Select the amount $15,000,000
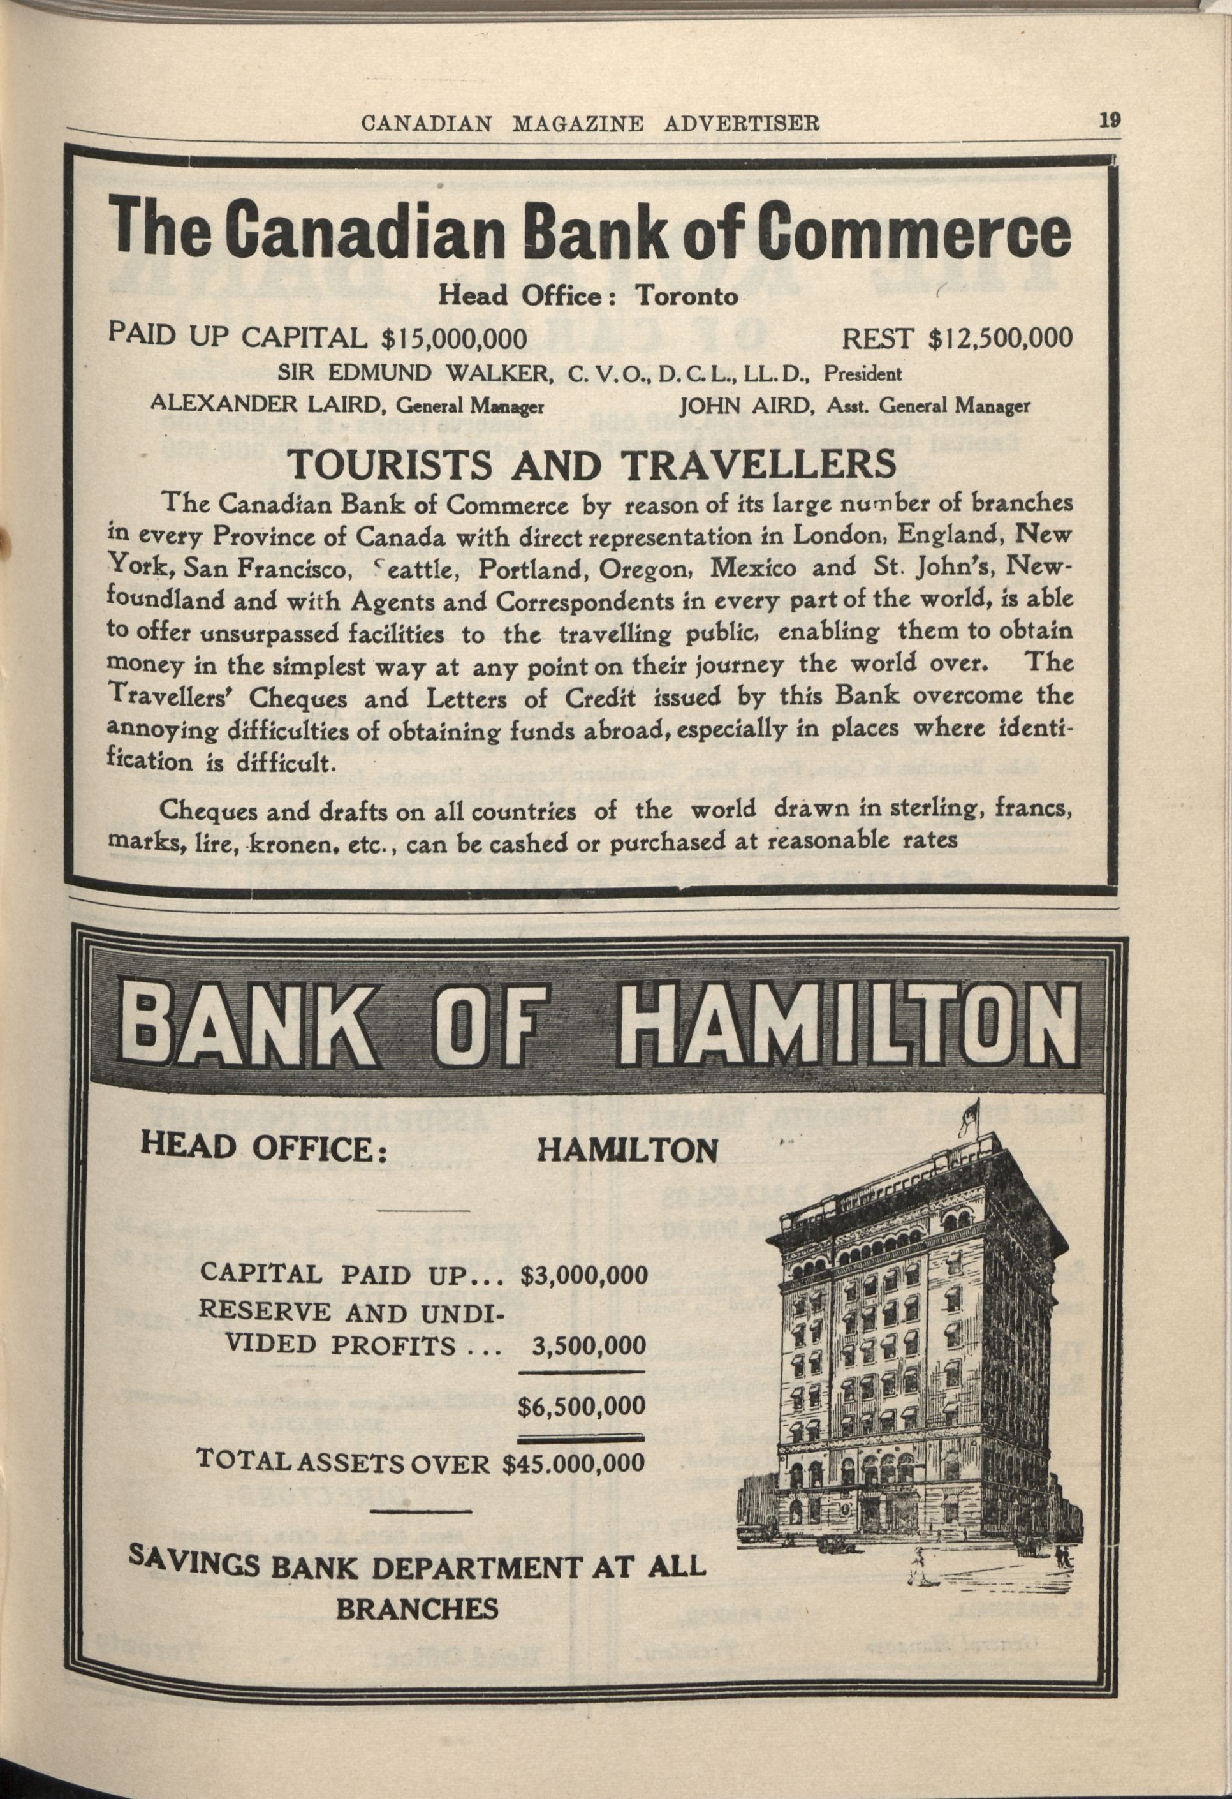click(x=455, y=338)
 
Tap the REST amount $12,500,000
click(x=1001, y=338)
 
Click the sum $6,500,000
click(x=582, y=1405)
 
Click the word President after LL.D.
click(x=862, y=374)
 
